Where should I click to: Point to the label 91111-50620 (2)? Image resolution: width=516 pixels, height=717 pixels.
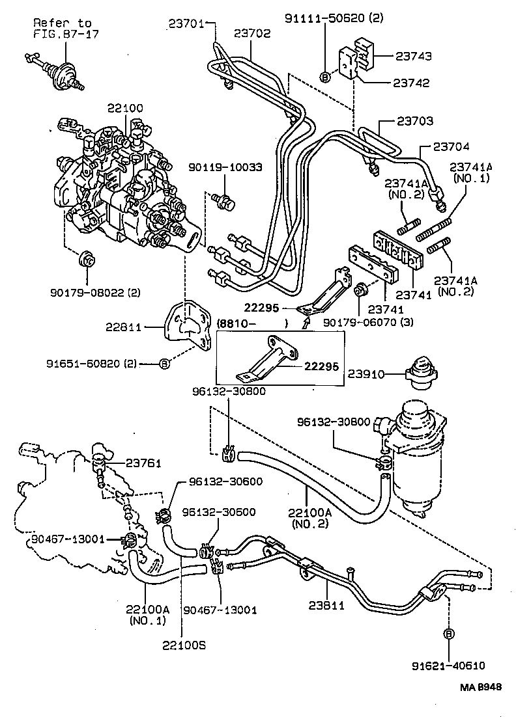(x=334, y=18)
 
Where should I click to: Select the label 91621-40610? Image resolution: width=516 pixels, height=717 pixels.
(x=448, y=665)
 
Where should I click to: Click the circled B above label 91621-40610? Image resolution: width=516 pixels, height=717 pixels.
(x=449, y=634)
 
